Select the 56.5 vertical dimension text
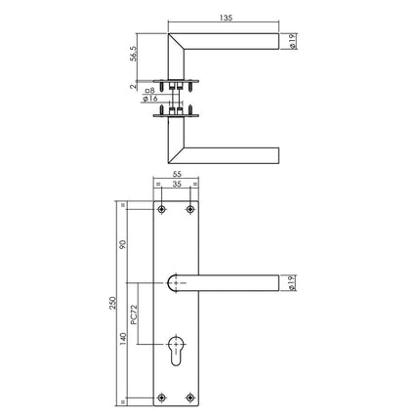pyautogui.click(x=135, y=53)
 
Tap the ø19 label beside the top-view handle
pyautogui.click(x=293, y=40)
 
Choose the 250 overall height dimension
pyautogui.click(x=109, y=305)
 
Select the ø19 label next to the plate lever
pyautogui.click(x=293, y=284)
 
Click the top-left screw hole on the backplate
pyautogui.click(x=161, y=211)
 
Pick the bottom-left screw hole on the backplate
pyautogui.click(x=161, y=397)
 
